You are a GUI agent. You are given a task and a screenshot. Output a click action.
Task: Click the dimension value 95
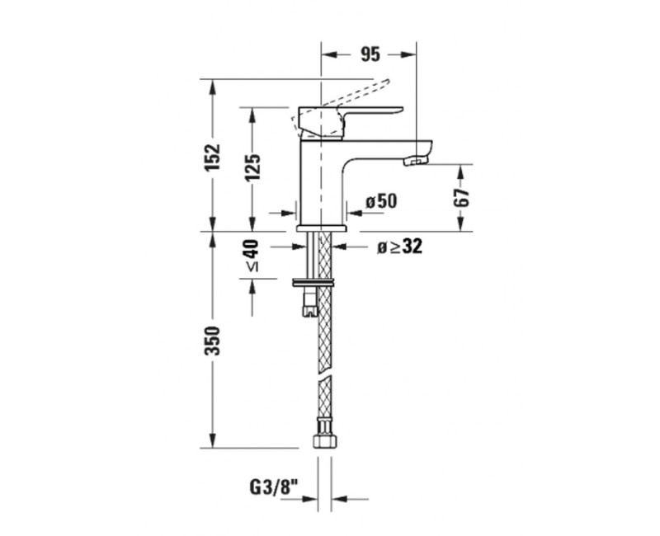(x=370, y=55)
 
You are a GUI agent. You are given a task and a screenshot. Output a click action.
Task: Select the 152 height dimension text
(x=213, y=157)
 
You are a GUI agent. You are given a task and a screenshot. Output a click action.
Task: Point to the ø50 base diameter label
(x=381, y=201)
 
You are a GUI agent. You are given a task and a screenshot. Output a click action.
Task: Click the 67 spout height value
(x=461, y=197)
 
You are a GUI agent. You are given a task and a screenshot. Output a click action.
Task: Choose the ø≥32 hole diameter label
(x=399, y=247)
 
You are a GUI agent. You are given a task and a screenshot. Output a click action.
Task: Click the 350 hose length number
(x=213, y=341)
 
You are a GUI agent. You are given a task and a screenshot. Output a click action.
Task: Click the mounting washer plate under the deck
(x=314, y=283)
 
